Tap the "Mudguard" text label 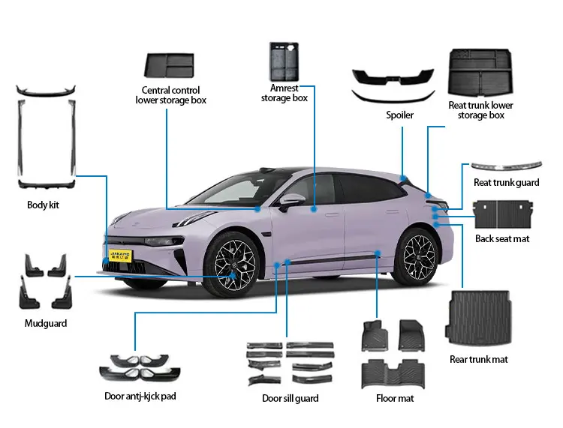tap(46, 323)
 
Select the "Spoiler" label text tap(399, 115)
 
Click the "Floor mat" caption tap(395, 398)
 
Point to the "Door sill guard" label tap(290, 398)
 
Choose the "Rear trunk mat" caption tap(479, 359)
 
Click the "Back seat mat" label tap(502, 238)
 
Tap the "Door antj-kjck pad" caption tap(140, 395)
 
